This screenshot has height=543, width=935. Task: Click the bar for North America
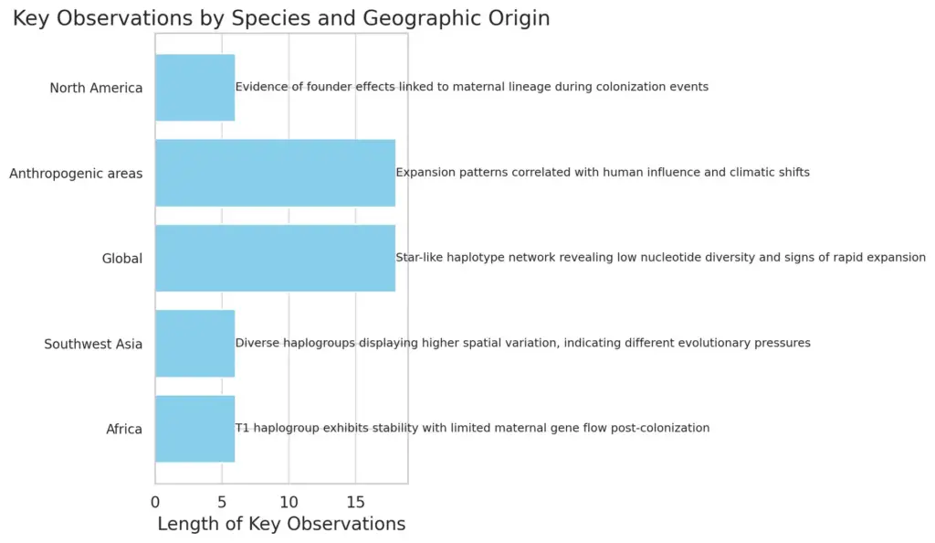tap(195, 88)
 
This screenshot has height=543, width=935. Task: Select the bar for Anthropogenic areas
tap(276, 173)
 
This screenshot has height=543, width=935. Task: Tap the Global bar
tap(276, 259)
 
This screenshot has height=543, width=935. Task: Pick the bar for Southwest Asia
tap(195, 344)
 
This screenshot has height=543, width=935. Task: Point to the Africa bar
tap(195, 429)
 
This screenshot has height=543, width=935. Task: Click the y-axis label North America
tap(96, 89)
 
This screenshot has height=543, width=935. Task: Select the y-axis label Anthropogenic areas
tap(76, 174)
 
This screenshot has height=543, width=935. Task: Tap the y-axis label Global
tap(122, 259)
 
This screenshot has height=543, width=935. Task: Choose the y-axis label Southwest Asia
tap(93, 345)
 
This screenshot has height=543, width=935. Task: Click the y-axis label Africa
tap(124, 430)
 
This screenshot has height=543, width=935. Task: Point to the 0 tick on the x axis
tap(155, 503)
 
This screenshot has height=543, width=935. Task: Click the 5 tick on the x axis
tap(223, 503)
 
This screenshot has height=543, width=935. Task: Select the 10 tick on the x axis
tap(289, 503)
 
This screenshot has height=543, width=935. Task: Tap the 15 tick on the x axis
tap(356, 503)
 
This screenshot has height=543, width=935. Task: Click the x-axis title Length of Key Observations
tap(281, 524)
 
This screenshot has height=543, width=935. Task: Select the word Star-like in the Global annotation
tap(419, 258)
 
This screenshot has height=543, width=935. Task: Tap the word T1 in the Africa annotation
tap(242, 429)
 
